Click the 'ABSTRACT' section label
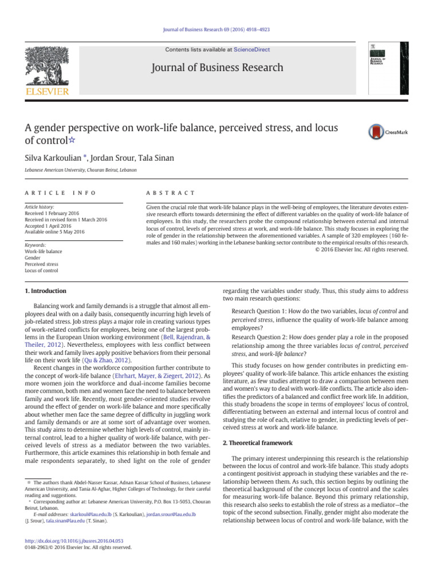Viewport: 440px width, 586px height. coord(171,193)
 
